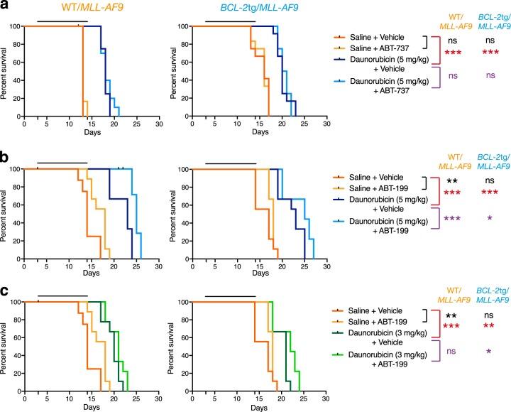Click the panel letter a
point(6,6)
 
